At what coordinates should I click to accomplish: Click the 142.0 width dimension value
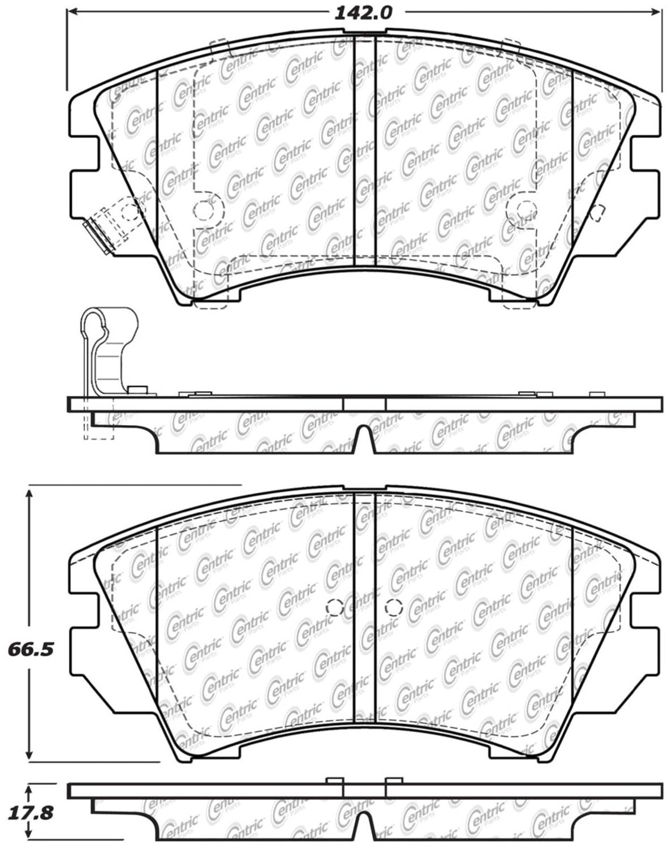coord(363,12)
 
